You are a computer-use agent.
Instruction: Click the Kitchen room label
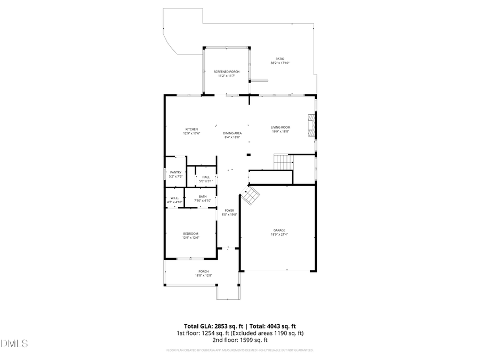(191, 129)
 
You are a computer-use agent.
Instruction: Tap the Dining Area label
(232, 133)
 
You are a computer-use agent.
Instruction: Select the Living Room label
(280, 127)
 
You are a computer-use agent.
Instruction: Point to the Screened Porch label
(226, 71)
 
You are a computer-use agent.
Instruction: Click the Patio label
(279, 59)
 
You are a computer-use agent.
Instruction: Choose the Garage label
(279, 230)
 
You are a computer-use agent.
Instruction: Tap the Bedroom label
(191, 234)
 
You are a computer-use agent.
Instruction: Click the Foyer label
(229, 210)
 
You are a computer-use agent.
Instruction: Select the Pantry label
(175, 172)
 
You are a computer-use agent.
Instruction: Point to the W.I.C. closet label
(174, 198)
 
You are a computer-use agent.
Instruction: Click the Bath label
(203, 196)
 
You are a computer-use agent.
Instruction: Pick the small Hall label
(206, 177)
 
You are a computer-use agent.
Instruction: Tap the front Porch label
(203, 271)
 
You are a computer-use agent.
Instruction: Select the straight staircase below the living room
(284, 161)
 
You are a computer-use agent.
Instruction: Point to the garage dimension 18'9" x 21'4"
(279, 235)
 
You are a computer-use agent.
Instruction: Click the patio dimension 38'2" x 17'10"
(279, 63)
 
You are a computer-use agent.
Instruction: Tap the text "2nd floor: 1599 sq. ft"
(239, 340)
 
